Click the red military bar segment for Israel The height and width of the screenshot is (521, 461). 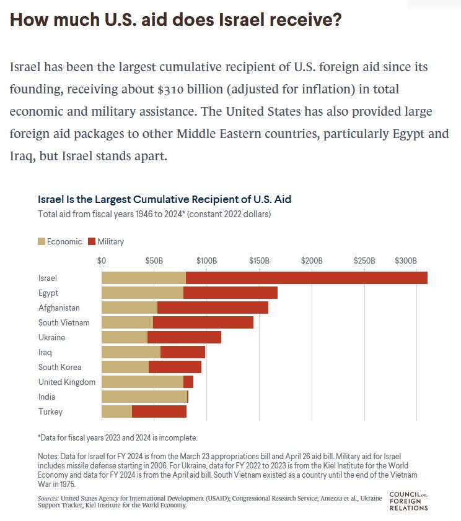[x=306, y=278]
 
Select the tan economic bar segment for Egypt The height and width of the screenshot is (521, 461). [x=143, y=293]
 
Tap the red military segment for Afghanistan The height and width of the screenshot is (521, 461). [x=213, y=308]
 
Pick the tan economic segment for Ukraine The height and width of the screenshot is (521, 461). [x=125, y=338]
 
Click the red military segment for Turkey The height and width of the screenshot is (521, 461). [x=159, y=412]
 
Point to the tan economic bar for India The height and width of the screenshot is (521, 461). [x=144, y=397]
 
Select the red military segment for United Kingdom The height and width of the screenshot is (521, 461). [x=188, y=382]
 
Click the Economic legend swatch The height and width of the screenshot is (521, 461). [x=42, y=241]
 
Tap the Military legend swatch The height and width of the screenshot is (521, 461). [x=92, y=241]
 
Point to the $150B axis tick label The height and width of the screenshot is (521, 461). [x=258, y=260]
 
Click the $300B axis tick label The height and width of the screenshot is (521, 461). [x=406, y=260]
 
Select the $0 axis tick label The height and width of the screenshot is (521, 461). [x=102, y=260]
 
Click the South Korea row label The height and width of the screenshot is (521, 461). [x=59, y=368]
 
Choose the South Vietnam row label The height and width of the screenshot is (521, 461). [x=64, y=323]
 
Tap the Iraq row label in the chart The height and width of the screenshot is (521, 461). [x=45, y=353]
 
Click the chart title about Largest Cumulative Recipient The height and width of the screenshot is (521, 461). [x=165, y=200]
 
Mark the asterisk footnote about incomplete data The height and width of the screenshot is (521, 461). [x=118, y=438]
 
